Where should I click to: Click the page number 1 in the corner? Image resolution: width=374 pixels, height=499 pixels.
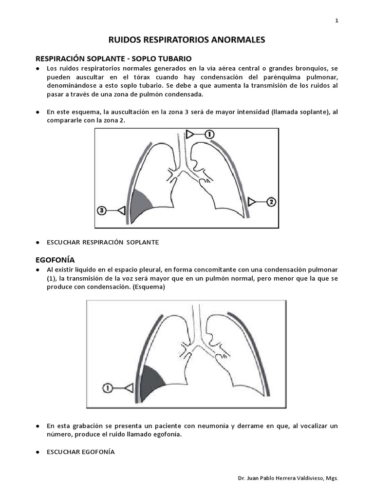(x=337, y=20)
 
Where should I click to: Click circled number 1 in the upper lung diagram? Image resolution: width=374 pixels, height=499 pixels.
(x=208, y=134)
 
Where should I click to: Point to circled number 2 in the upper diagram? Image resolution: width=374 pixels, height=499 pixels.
(x=271, y=201)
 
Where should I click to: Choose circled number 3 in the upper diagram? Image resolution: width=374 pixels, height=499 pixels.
(x=101, y=211)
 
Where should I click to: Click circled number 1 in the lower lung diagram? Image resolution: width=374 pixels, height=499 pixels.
(x=108, y=387)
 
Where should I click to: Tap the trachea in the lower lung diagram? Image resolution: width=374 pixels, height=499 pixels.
(x=196, y=319)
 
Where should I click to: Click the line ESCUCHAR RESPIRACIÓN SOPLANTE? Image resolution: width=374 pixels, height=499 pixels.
(x=103, y=242)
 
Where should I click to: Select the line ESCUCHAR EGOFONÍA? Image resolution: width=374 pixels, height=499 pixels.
(x=80, y=452)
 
